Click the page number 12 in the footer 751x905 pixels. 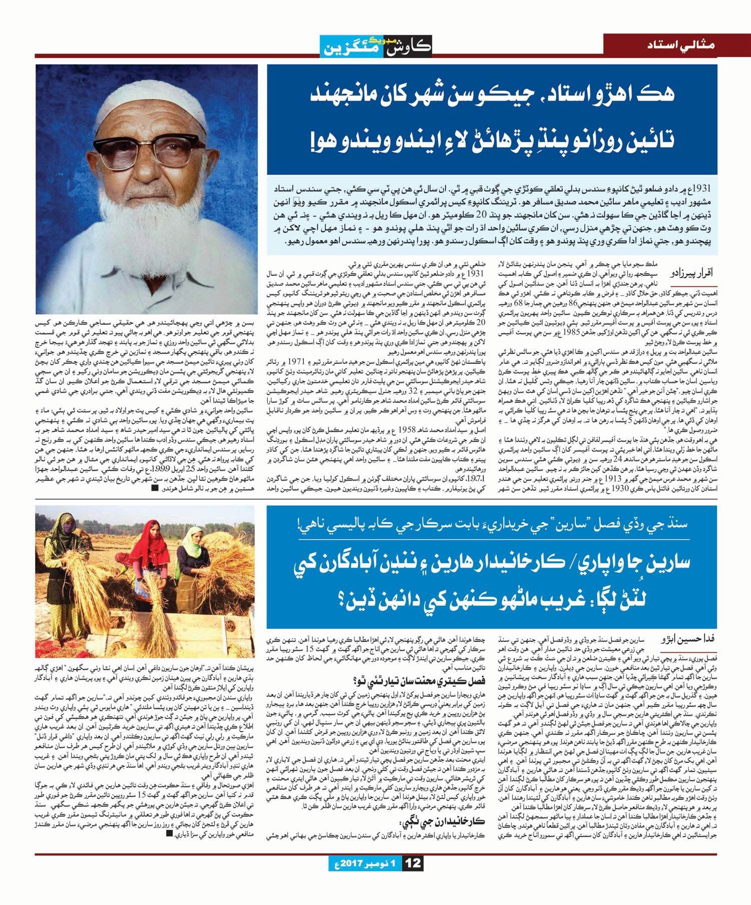[x=414, y=863]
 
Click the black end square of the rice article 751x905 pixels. [x=169, y=834]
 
